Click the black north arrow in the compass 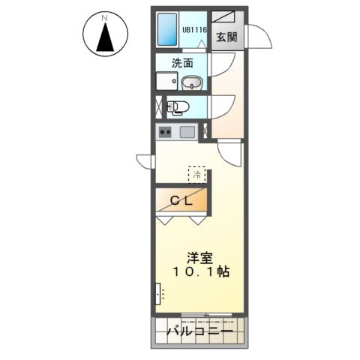point(105,37)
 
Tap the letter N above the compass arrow point(105,18)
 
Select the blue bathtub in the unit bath point(167,29)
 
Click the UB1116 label point(195,30)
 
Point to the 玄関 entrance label point(226,37)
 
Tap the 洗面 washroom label point(182,63)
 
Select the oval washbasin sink point(192,82)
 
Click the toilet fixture point(178,107)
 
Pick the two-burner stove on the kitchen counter point(165,131)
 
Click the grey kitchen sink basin point(187,132)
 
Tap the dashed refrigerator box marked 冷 point(197,175)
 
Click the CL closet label point(181,200)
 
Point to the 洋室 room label point(200,258)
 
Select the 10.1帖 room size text point(201,271)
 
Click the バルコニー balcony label point(200,331)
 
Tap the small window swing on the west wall point(144,161)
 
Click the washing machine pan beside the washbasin point(167,81)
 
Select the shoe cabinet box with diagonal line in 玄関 point(223,17)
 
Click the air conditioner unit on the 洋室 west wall point(157,294)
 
